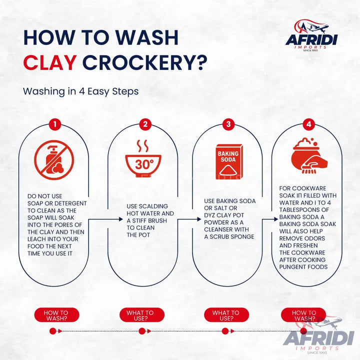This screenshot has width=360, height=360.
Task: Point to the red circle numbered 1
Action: click(55, 124)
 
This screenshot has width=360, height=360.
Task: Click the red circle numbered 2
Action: click(144, 124)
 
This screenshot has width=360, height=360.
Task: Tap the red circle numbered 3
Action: click(228, 124)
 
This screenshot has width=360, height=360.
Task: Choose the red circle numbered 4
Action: click(310, 124)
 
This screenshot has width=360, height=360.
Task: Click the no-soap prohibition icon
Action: click(54, 160)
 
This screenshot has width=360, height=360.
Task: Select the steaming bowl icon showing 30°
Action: click(144, 159)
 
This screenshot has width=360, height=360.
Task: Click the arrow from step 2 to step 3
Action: click(186, 219)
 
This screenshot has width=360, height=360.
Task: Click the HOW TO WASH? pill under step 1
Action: click(56, 315)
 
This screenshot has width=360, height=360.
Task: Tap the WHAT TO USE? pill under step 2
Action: click(140, 315)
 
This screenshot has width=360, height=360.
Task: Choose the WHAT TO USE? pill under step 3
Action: click(225, 315)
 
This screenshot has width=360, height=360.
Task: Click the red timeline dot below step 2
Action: click(141, 331)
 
